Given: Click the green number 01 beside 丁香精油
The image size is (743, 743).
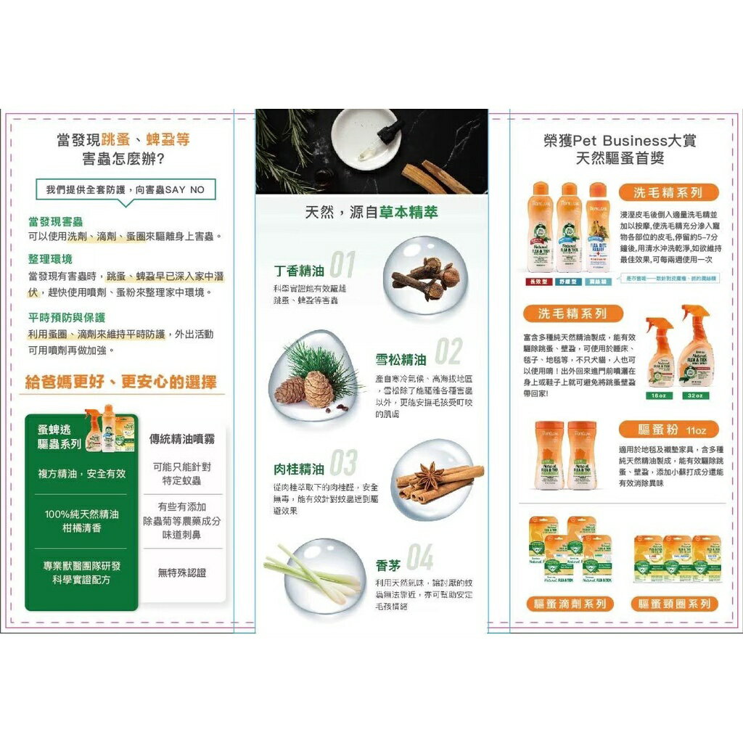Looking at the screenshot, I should tap(342, 266).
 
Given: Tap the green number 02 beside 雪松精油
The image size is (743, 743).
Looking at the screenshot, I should tap(448, 353).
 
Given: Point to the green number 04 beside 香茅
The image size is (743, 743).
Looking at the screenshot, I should tap(419, 557).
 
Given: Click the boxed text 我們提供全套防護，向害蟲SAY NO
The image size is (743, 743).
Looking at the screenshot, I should tap(125, 189).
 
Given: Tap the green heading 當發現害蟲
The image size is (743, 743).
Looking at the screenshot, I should tap(55, 221).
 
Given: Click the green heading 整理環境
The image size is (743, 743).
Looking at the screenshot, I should tap(50, 259).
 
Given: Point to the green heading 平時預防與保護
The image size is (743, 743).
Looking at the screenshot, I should tap(67, 317).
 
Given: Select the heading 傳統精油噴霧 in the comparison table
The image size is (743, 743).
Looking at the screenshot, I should tap(181, 439).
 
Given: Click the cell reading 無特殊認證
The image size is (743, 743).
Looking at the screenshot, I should tap(181, 572).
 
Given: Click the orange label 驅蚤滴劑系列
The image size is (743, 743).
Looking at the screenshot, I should tap(570, 604).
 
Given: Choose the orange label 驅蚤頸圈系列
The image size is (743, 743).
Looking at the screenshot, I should tap(675, 604).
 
